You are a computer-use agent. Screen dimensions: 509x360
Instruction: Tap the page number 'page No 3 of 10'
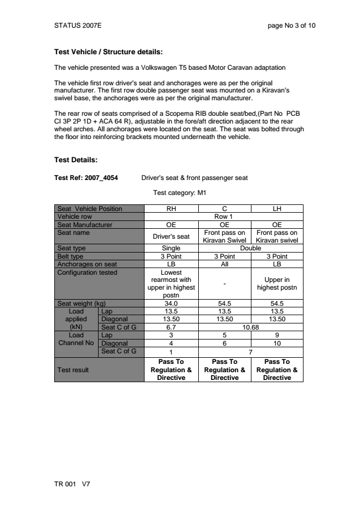click(291, 25)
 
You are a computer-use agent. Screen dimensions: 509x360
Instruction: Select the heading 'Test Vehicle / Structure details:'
click(108, 53)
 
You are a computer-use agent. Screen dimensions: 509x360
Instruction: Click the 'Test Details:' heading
click(75, 160)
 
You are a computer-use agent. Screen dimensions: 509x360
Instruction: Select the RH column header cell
click(171, 209)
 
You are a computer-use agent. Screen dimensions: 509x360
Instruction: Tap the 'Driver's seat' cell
click(171, 236)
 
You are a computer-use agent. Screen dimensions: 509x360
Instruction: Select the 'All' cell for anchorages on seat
click(224, 263)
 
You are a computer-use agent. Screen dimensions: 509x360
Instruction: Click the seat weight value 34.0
click(171, 303)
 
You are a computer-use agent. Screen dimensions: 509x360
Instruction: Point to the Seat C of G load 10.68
click(250, 327)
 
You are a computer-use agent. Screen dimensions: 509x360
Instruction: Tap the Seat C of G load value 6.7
click(171, 327)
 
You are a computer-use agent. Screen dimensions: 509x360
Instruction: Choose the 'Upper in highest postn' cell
click(277, 284)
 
